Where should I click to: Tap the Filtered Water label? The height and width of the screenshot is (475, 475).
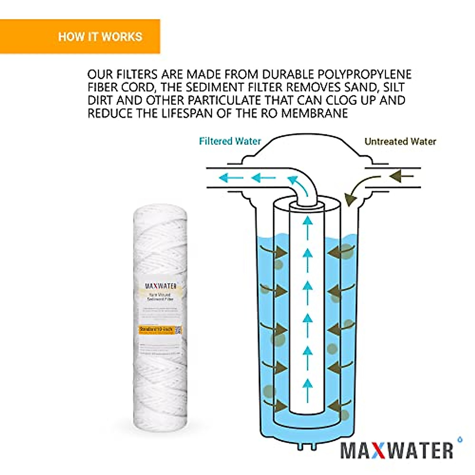pyautogui.click(x=230, y=141)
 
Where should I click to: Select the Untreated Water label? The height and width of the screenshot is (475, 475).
pyautogui.click(x=400, y=141)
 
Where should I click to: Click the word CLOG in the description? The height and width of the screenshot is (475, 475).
pyautogui.click(x=326, y=100)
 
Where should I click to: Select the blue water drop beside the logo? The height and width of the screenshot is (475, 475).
pyautogui.click(x=460, y=439)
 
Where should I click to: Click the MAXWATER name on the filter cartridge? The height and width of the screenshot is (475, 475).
pyautogui.click(x=160, y=286)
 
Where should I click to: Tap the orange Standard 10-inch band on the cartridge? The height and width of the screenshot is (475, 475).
pyautogui.click(x=156, y=329)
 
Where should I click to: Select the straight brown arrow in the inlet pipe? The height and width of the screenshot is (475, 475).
pyautogui.click(x=402, y=176)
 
